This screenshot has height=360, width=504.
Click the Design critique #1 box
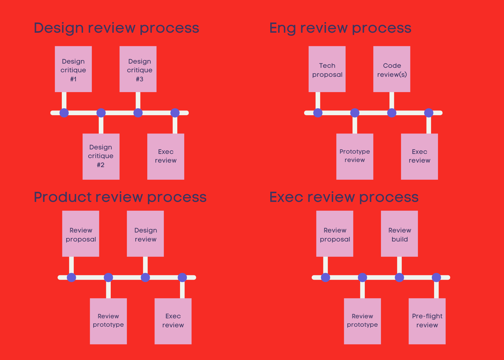click(73, 69)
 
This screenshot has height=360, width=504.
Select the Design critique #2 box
click(101, 156)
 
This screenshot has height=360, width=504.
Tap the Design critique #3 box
click(138, 69)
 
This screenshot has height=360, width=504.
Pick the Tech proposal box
click(327, 69)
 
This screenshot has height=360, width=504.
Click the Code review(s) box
click(391, 69)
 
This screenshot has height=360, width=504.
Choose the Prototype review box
click(355, 156)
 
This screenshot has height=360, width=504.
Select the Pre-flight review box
click(427, 321)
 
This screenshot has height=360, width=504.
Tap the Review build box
click(399, 234)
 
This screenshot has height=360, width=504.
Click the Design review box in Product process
click(145, 234)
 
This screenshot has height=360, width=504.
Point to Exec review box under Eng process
click(419, 156)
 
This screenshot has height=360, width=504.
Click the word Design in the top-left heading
click(59, 28)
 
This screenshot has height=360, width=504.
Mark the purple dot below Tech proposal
click(318, 113)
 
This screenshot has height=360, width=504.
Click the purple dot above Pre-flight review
click(436, 277)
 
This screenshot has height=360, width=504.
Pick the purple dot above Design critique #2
click(101, 113)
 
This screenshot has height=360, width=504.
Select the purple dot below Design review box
click(145, 277)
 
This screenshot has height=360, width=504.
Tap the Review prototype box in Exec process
click(362, 321)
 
